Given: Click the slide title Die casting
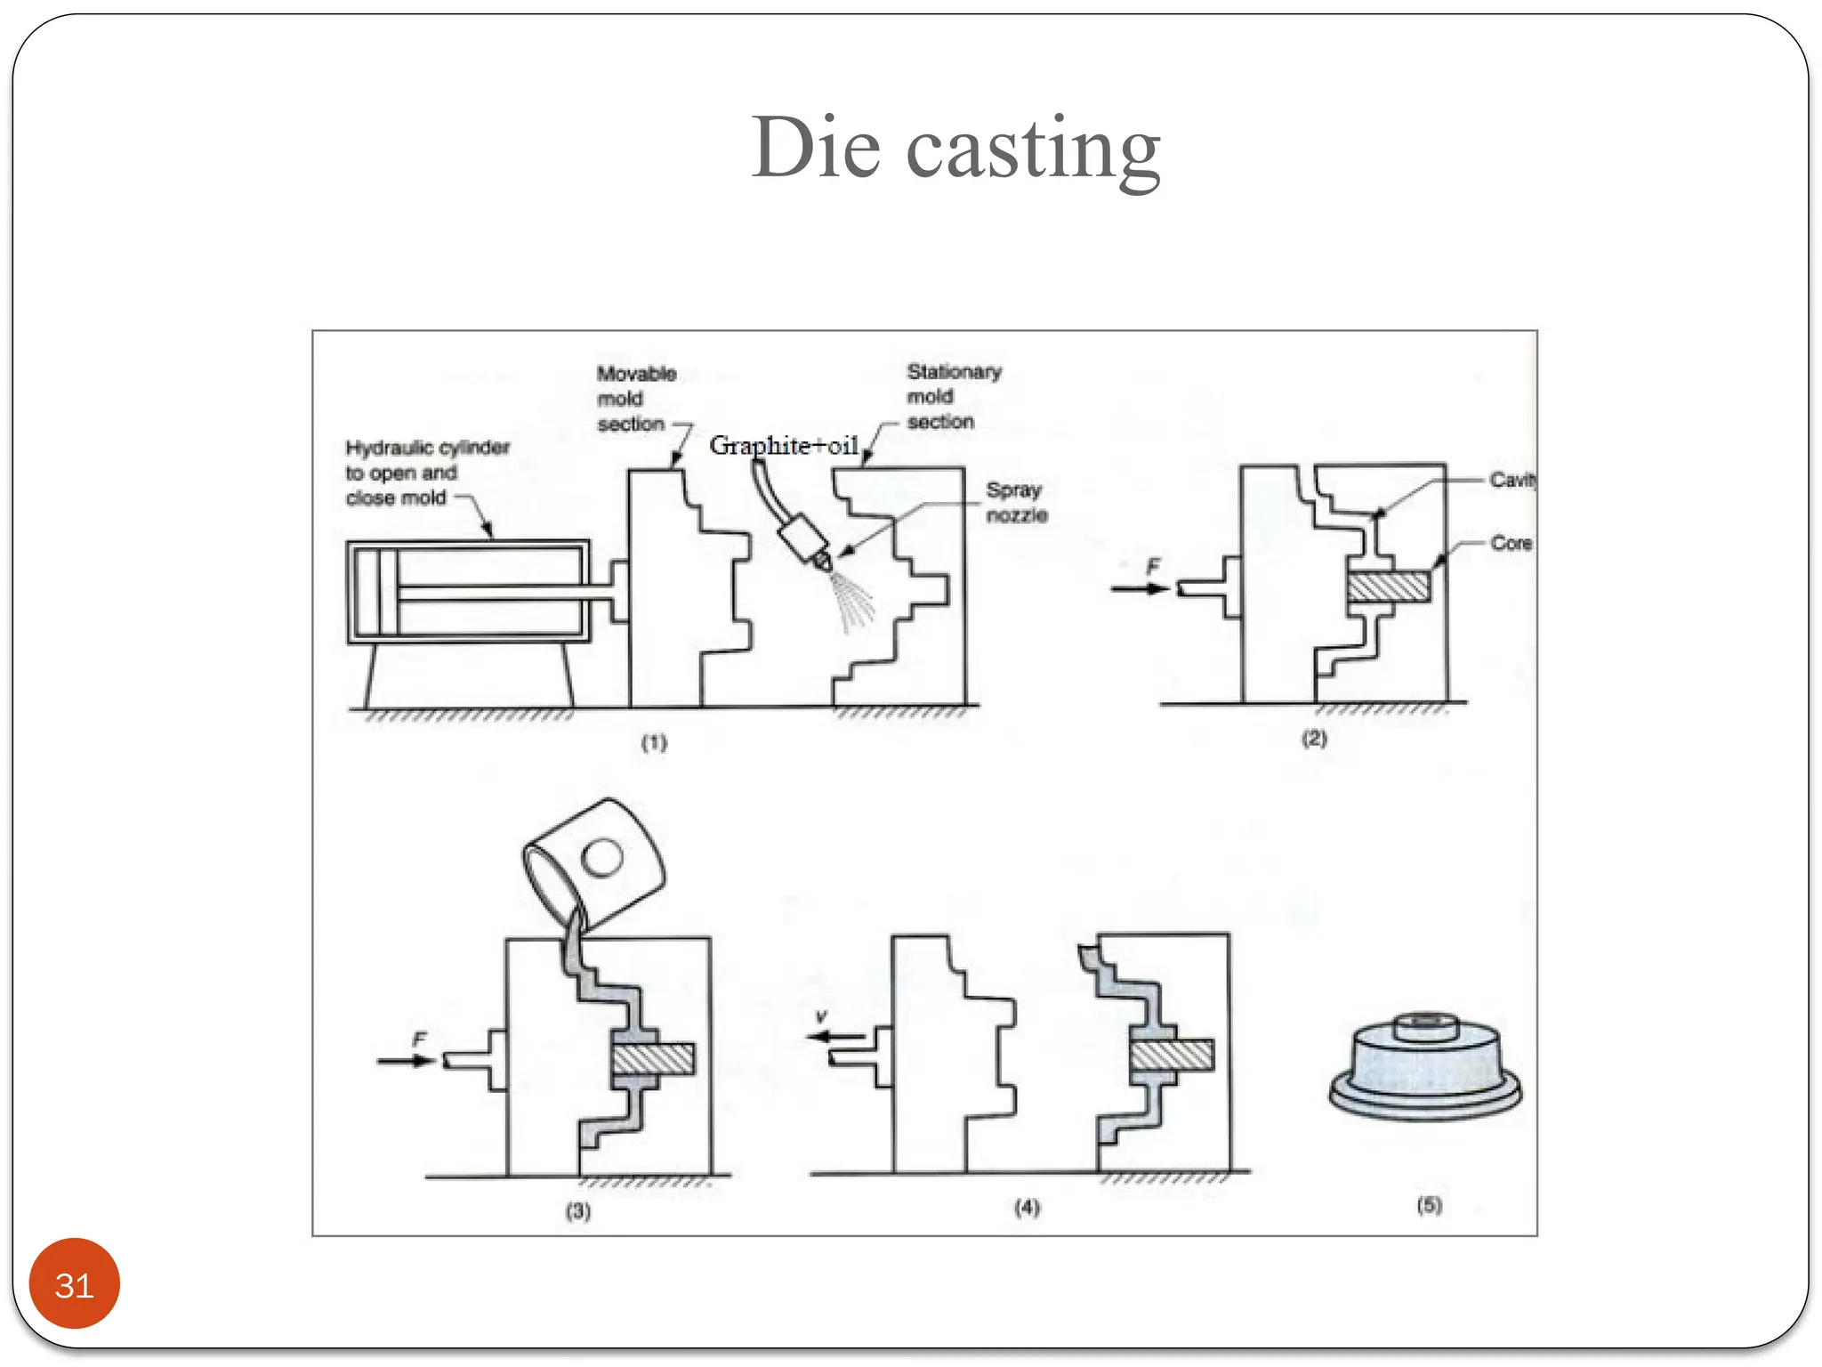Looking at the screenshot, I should (x=955, y=148).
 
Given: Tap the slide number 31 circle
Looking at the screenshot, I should (x=74, y=1284).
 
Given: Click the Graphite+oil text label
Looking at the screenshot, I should (x=783, y=445).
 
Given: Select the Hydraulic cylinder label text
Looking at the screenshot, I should (x=426, y=473).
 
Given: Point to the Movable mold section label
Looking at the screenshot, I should (x=635, y=399).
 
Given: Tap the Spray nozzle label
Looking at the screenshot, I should (x=1016, y=503).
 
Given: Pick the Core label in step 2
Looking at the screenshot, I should (x=1511, y=543).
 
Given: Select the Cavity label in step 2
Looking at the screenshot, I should (x=1512, y=481).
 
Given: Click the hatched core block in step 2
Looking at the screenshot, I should (x=1388, y=587).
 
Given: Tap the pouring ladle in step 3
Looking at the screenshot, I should (x=594, y=862).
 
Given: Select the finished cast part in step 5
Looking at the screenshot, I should (x=1425, y=1067).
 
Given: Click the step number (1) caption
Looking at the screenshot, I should (x=654, y=742).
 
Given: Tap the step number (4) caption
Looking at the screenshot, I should (x=1028, y=1208).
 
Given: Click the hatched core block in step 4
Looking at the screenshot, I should (x=1172, y=1056).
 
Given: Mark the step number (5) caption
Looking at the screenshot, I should (x=1429, y=1205).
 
